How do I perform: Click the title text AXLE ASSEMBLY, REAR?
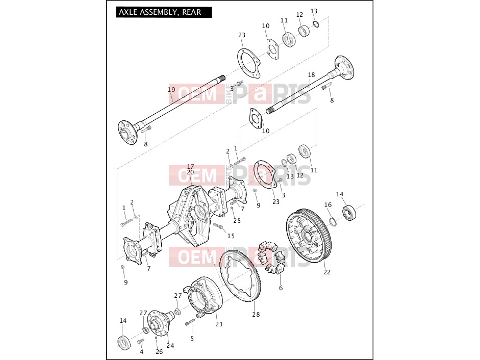coord(160,12)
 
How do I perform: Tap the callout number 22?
coord(327,272)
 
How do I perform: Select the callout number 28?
coord(256,315)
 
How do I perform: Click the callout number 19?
coord(171,90)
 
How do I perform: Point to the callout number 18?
coord(311,74)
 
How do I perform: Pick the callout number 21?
coord(219,324)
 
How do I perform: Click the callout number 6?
coord(281,288)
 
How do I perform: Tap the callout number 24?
coord(170,345)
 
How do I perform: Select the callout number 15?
coord(231,236)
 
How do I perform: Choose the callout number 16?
coord(328,205)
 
